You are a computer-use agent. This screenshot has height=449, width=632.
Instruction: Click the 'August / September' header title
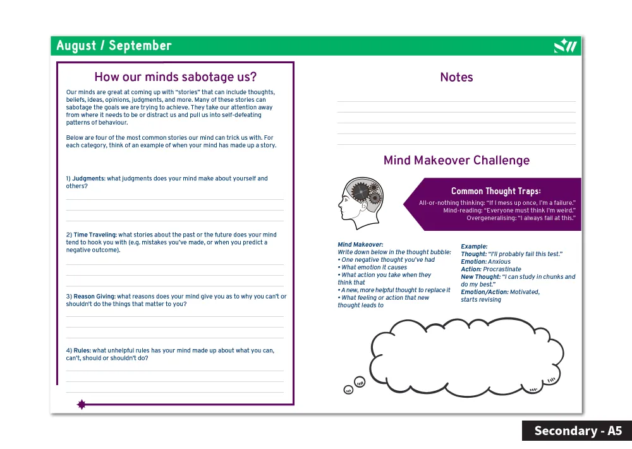pos(114,46)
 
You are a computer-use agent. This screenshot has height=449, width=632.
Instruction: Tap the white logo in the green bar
pos(565,46)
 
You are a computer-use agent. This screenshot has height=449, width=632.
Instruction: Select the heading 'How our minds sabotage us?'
pos(175,77)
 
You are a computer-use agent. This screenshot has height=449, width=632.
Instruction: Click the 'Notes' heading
pos(456,77)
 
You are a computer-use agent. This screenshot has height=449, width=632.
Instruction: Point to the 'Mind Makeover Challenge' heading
pos(456,161)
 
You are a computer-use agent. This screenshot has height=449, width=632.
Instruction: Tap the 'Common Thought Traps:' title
pos(495,191)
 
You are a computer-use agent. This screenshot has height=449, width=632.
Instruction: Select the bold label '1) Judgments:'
pos(85,179)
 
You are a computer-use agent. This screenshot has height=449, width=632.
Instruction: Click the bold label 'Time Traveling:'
pos(95,235)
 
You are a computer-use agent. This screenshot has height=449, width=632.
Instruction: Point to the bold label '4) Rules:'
pos(78,350)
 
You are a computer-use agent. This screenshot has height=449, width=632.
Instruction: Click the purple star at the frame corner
pos(81,405)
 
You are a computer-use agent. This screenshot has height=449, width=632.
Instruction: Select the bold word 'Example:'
pos(474,247)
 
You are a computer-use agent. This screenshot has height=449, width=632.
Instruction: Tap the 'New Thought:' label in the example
pos(480,277)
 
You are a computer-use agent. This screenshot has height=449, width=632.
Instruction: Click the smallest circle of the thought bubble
pos(348,390)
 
